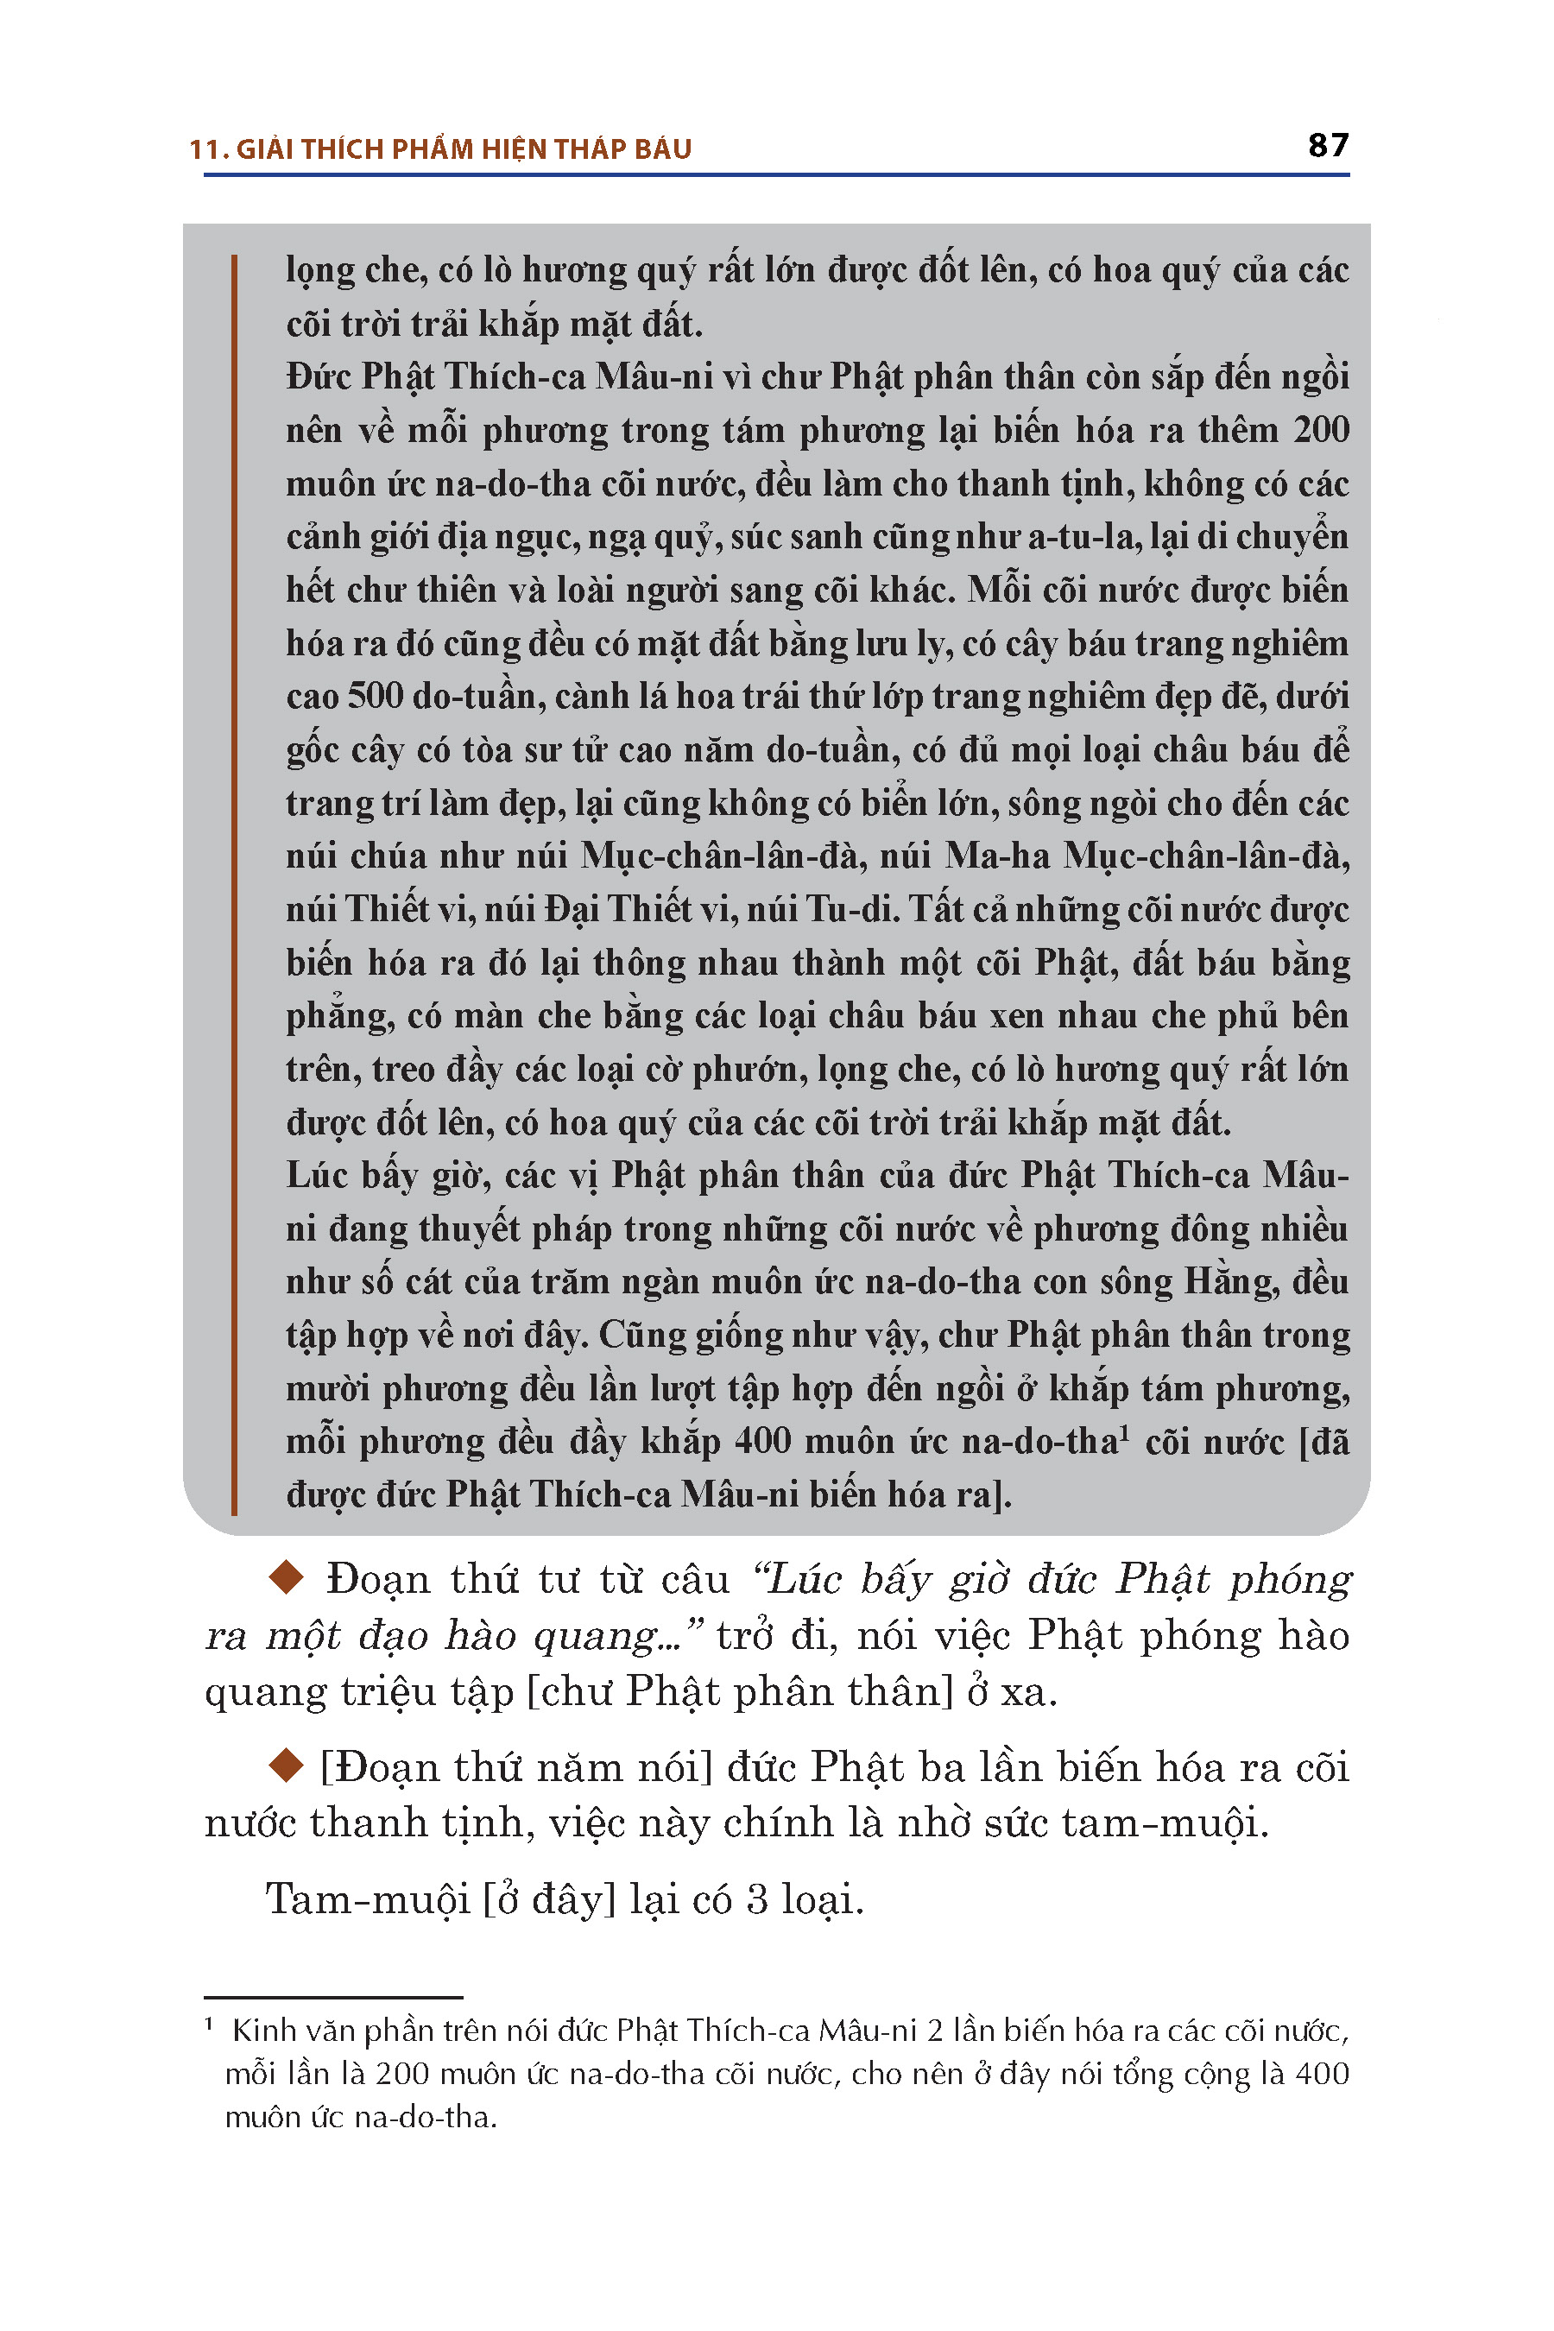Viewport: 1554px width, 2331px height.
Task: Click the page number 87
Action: [1328, 145]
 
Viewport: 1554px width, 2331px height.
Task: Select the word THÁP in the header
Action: [591, 149]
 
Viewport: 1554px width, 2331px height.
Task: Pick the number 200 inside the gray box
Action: [1321, 429]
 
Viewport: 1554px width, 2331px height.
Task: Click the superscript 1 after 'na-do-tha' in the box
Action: [1125, 1432]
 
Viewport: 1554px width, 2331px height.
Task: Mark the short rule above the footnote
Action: [333, 1997]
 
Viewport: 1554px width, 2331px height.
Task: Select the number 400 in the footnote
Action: [1321, 2075]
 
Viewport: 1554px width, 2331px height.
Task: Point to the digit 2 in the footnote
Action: [935, 2031]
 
